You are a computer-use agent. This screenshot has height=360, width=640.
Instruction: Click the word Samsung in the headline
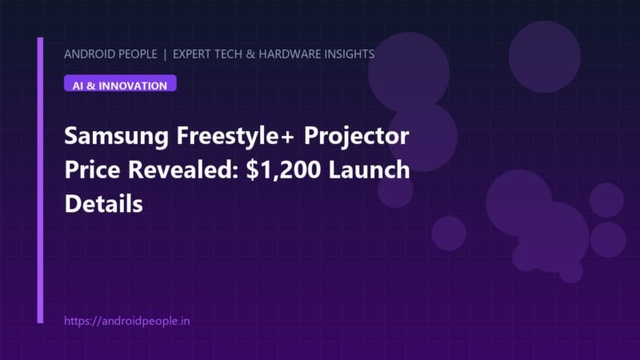116,136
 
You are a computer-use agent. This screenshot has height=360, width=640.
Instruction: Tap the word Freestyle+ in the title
234,136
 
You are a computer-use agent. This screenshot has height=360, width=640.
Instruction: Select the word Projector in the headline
356,136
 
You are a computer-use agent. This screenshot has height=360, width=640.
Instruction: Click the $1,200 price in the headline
283,170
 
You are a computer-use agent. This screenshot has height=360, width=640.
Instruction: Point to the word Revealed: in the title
183,170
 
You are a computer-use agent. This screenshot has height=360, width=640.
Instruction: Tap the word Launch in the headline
369,170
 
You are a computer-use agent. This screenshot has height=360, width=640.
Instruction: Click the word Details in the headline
104,204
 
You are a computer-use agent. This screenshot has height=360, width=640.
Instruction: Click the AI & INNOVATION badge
120,83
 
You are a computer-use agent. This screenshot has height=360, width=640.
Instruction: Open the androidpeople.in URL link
127,321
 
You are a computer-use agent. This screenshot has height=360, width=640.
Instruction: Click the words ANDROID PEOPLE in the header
110,54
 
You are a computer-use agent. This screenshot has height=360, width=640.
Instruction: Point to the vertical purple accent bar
40,180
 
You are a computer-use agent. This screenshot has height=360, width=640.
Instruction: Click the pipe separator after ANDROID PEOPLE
165,54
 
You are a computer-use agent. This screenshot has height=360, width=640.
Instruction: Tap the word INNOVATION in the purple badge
133,86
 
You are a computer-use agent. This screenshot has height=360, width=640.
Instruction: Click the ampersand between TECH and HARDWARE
250,54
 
